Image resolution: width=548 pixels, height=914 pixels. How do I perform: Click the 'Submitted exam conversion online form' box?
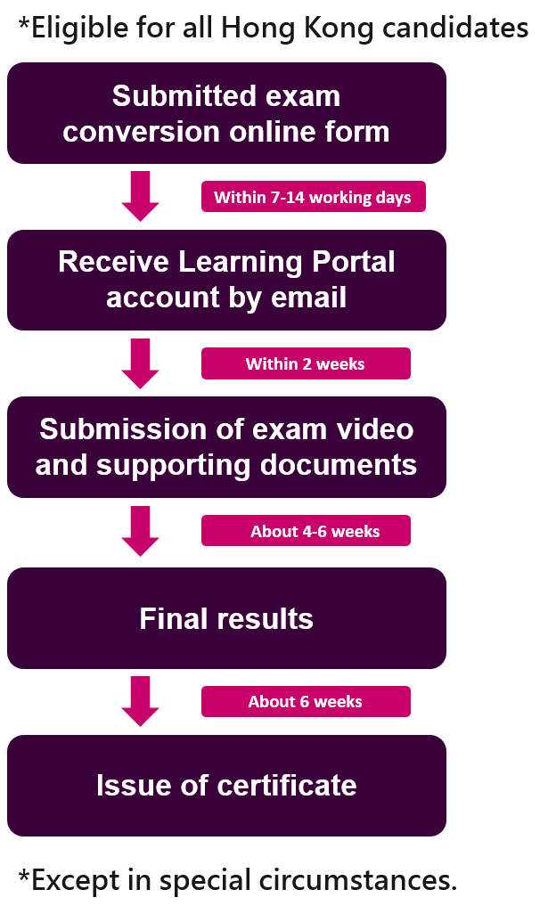[226, 113]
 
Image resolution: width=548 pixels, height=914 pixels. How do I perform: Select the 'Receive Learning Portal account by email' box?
[226, 280]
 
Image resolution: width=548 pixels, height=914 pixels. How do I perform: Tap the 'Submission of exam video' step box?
[226, 447]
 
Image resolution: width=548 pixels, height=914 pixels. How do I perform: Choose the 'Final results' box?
[226, 618]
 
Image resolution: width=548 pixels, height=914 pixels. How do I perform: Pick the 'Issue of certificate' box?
[226, 785]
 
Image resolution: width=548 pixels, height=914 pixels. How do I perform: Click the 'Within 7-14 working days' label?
[313, 197]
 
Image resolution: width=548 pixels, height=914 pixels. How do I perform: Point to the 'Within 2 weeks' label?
[306, 363]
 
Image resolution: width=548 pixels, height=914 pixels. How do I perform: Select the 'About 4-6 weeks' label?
[306, 530]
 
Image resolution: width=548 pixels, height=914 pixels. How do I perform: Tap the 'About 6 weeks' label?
[306, 701]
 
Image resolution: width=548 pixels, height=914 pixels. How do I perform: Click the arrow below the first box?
[140, 196]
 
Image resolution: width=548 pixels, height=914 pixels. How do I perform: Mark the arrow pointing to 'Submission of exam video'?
[140, 363]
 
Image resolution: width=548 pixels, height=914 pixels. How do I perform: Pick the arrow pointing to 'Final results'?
[140, 530]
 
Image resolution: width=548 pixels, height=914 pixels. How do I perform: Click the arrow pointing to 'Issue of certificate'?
[140, 701]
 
